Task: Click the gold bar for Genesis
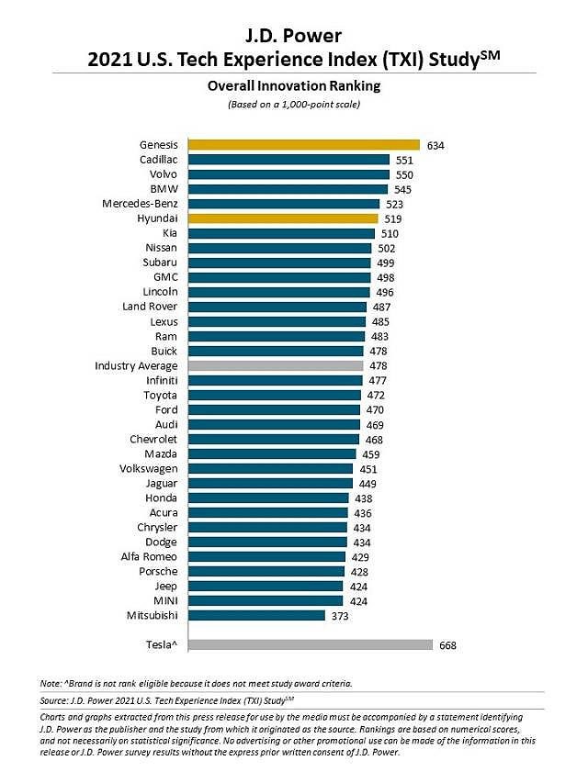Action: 304,144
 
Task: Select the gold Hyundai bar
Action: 283,218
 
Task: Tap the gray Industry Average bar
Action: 276,365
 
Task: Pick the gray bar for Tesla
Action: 311,645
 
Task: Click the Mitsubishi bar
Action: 256,615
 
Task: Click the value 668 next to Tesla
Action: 447,645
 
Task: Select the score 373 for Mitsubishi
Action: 339,616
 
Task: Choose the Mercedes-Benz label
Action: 140,203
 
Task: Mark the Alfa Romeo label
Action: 148,556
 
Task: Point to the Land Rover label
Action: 149,307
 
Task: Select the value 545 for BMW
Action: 402,189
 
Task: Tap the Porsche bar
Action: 266,571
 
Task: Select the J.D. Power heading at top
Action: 294,36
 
